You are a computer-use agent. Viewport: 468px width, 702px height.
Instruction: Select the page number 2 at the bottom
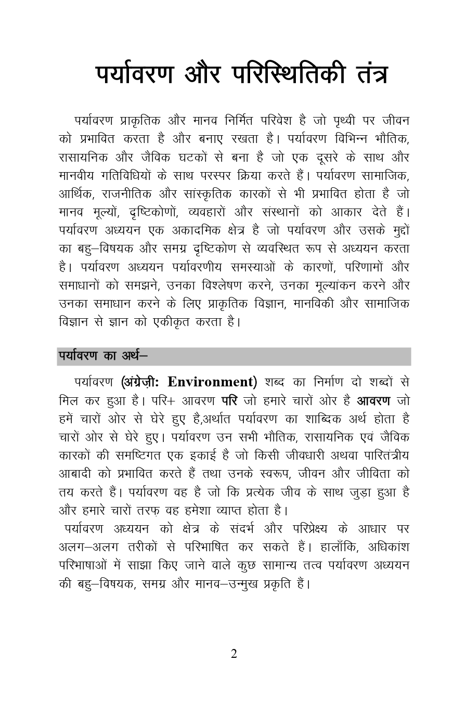(x=234, y=654)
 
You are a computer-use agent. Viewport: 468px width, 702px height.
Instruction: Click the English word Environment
(x=213, y=382)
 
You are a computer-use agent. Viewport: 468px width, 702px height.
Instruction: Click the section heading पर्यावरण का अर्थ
(x=102, y=356)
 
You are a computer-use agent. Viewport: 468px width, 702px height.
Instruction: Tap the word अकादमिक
(x=203, y=230)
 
